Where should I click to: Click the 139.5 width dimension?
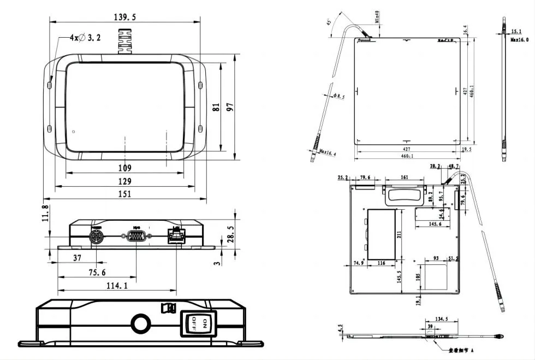click(x=124, y=17)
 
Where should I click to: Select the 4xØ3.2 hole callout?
click(x=86, y=38)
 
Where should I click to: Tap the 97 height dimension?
click(x=230, y=107)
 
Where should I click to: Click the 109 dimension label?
click(x=125, y=168)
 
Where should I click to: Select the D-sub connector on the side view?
click(x=136, y=237)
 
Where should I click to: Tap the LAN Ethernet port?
click(x=176, y=237)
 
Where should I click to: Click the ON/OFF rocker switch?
click(x=197, y=323)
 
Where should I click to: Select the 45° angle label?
click(x=329, y=23)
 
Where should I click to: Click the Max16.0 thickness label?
click(x=519, y=40)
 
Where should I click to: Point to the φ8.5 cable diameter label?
click(x=338, y=97)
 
